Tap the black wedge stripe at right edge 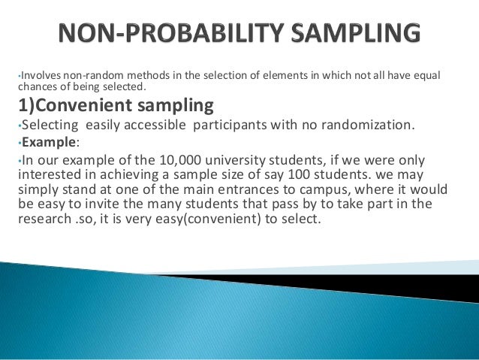click(x=450, y=287)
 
